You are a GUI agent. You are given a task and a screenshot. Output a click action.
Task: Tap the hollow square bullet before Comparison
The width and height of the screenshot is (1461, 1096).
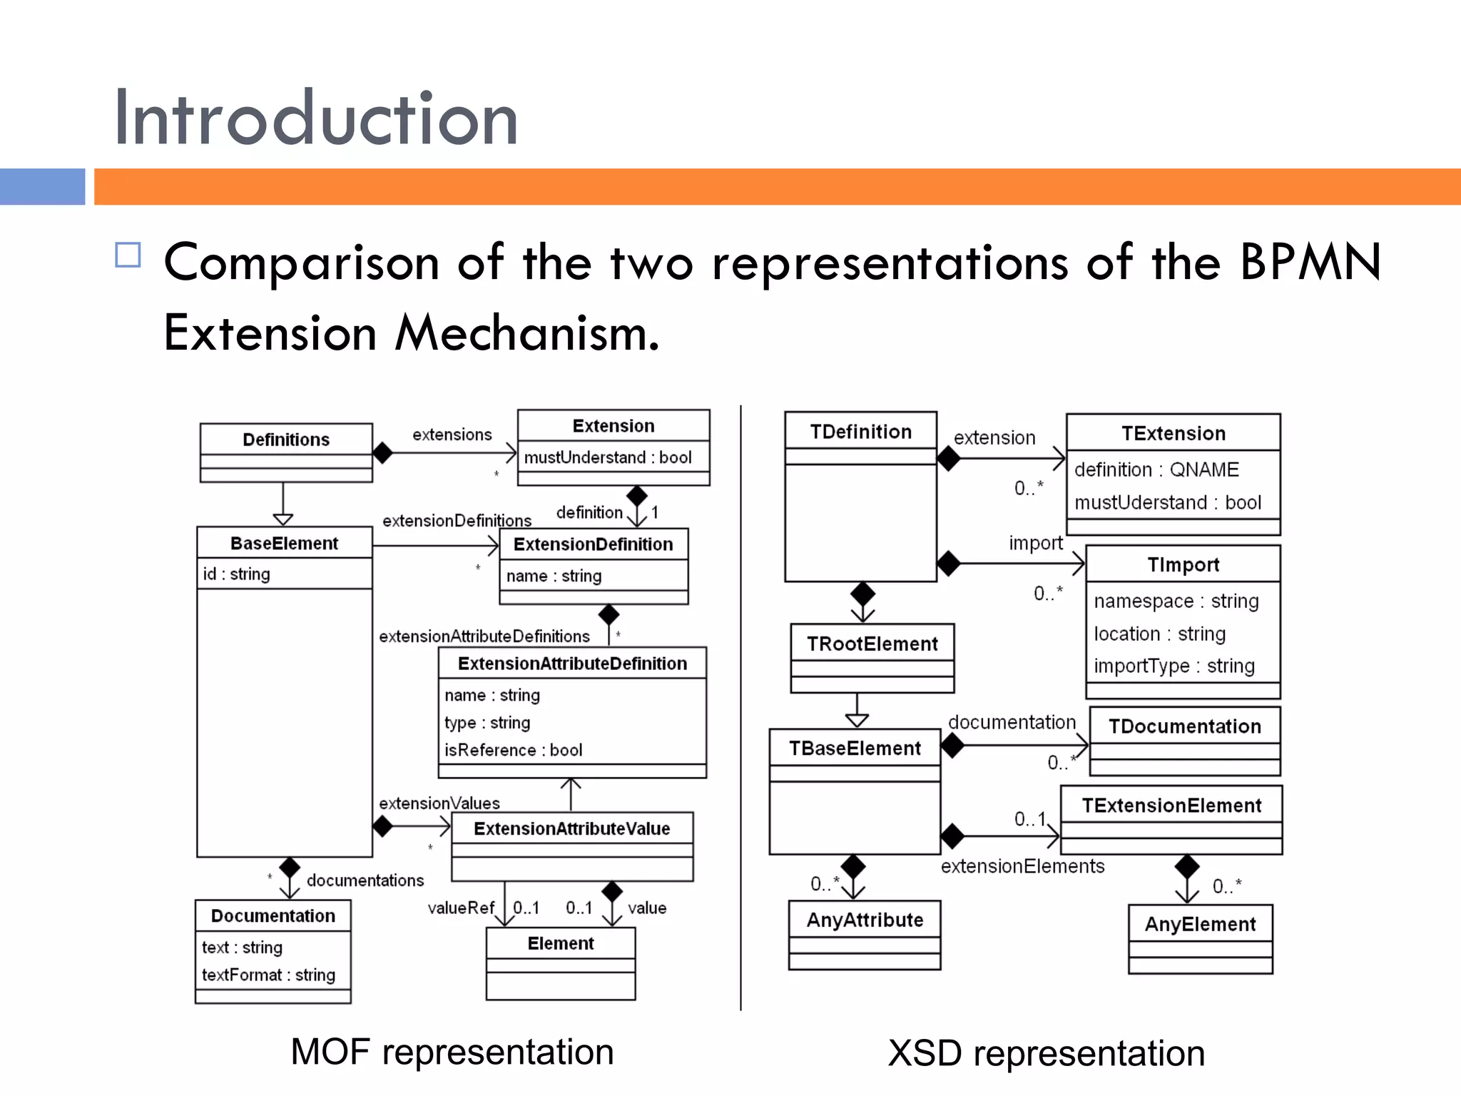pyautogui.click(x=128, y=255)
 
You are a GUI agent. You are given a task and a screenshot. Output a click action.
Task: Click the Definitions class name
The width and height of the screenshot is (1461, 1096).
pyautogui.click(x=285, y=440)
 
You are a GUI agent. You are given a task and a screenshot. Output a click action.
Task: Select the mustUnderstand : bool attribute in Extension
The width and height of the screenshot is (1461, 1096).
pyautogui.click(x=608, y=457)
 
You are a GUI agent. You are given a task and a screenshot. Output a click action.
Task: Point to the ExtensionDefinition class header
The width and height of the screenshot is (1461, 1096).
pyautogui.click(x=593, y=544)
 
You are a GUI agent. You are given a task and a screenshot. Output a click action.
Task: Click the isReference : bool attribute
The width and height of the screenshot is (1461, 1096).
pyautogui.click(x=513, y=750)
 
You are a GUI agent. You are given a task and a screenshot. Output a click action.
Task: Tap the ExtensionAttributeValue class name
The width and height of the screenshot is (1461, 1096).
pyautogui.click(x=571, y=828)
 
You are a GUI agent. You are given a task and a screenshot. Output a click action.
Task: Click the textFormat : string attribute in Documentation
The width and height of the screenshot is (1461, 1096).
pyautogui.click(x=268, y=975)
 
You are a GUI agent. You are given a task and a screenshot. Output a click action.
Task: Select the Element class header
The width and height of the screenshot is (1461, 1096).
pyautogui.click(x=560, y=943)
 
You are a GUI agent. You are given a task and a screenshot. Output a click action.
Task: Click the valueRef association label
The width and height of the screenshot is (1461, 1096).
pyautogui.click(x=460, y=908)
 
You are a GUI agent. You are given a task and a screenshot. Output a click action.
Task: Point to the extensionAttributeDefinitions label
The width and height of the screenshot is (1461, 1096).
pyautogui.click(x=484, y=636)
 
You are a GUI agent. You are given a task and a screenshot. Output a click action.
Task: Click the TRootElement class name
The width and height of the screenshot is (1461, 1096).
pyautogui.click(x=872, y=644)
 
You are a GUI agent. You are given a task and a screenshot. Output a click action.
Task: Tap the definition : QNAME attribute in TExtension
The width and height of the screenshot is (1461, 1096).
pyautogui.click(x=1156, y=470)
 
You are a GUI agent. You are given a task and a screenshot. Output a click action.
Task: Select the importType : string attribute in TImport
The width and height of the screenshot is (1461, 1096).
pyautogui.click(x=1174, y=666)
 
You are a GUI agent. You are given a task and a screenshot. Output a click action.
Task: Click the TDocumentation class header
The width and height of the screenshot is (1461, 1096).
pyautogui.click(x=1184, y=726)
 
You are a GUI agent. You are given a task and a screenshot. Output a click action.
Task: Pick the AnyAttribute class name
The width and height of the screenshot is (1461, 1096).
pyautogui.click(x=865, y=920)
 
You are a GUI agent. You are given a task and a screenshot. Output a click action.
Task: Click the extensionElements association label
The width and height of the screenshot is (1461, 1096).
pyautogui.click(x=1022, y=866)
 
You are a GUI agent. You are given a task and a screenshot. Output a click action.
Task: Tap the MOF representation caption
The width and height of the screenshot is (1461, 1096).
pyautogui.click(x=452, y=1052)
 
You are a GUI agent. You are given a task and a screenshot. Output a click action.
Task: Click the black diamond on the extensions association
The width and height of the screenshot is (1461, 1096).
pyautogui.click(x=382, y=452)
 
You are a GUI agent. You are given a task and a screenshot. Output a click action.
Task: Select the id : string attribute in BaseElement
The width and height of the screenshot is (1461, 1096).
pyautogui.click(x=236, y=574)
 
